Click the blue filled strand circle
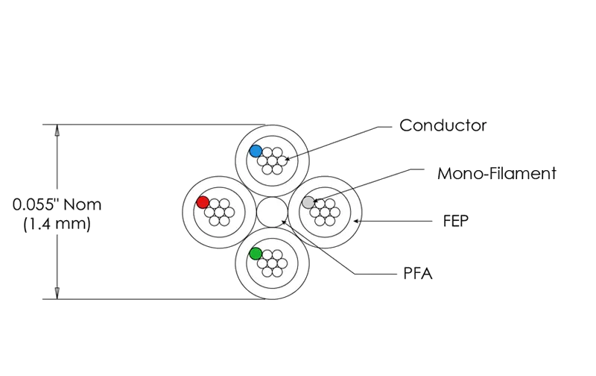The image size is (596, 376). pyautogui.click(x=256, y=151)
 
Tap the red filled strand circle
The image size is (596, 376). pyautogui.click(x=203, y=202)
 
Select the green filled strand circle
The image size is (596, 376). pyautogui.click(x=256, y=254)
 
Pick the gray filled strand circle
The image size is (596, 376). pyautogui.click(x=308, y=202)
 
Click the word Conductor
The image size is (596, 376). pyautogui.click(x=443, y=125)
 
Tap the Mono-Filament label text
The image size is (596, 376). pyautogui.click(x=497, y=174)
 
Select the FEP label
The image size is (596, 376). pyautogui.click(x=456, y=221)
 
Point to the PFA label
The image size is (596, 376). pyautogui.click(x=418, y=273)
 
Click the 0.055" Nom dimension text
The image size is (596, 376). pyautogui.click(x=57, y=204)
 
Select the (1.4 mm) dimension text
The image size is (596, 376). pyautogui.click(x=57, y=223)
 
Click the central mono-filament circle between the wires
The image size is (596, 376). pyautogui.click(x=272, y=212)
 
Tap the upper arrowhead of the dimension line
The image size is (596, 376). pyautogui.click(x=57, y=129)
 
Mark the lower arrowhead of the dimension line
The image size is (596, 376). pyautogui.click(x=57, y=293)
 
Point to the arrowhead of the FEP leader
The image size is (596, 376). pyautogui.click(x=356, y=221)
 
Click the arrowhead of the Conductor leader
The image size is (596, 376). pyautogui.click(x=286, y=158)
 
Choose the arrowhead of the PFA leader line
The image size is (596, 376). pyautogui.click(x=284, y=222)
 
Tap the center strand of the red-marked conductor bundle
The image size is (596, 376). pyautogui.click(x=219, y=212)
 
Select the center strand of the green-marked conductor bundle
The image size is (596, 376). pyautogui.click(x=272, y=263)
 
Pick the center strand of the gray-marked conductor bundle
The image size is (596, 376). pyautogui.click(x=325, y=212)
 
